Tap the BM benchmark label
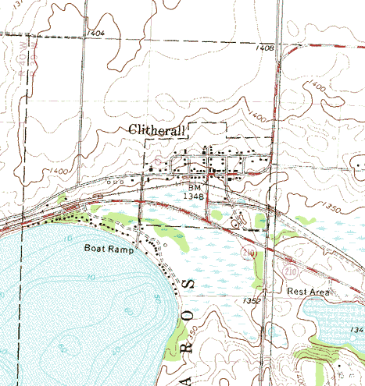195,188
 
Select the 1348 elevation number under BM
195,197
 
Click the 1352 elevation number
251,299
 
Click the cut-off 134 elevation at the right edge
357,330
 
